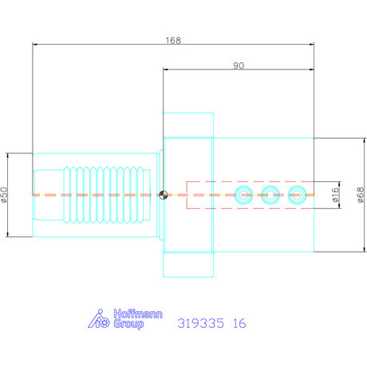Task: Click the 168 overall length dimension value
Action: [172, 39]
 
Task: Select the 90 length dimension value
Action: [238, 66]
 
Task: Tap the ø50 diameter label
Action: [5, 194]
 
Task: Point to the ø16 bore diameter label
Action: [335, 194]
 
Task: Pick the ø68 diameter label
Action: [361, 194]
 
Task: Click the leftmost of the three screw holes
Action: [244, 194]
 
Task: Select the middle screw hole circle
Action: [271, 194]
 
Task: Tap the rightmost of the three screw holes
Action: [298, 194]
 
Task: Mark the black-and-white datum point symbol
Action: [163, 194]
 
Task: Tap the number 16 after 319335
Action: [239, 323]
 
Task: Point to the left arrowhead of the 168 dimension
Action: [34, 45]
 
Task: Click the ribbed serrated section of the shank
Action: [105, 194]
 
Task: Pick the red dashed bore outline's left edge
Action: [187, 194]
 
